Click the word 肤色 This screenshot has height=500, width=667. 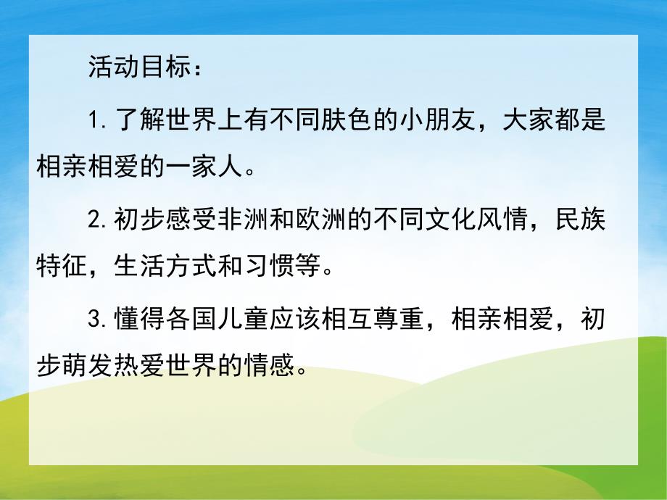[x=357, y=120]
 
